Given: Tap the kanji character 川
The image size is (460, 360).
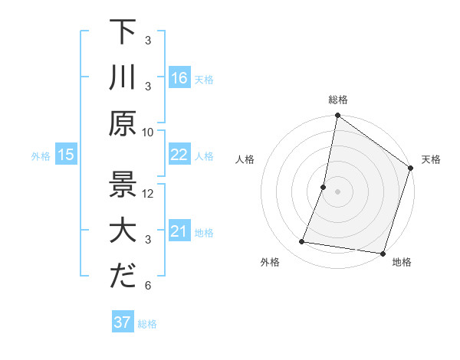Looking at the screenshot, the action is (123, 77).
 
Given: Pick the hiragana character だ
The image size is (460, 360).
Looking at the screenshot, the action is (123, 277).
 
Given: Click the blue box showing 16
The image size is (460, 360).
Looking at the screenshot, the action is (179, 78).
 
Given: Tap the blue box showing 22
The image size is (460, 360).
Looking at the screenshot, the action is (179, 155).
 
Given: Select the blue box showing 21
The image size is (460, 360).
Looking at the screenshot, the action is (179, 231).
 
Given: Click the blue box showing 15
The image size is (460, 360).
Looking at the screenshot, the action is (65, 155).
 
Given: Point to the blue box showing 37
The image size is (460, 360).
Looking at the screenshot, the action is (123, 322).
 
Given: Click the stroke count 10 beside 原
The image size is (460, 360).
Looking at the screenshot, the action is (149, 132).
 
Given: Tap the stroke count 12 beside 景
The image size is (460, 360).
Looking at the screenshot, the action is (149, 193).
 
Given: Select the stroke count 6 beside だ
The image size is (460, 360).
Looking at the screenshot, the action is (149, 286).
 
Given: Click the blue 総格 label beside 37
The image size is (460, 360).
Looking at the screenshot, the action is (147, 324).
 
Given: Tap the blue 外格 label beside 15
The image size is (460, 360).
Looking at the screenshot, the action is (41, 156).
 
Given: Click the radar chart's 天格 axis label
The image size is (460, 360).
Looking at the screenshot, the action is (431, 159).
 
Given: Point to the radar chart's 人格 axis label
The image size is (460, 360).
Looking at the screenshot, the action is (245, 159).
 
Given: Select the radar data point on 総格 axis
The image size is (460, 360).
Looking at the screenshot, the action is (337, 116).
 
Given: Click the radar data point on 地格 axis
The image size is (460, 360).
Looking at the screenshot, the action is (382, 253).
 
